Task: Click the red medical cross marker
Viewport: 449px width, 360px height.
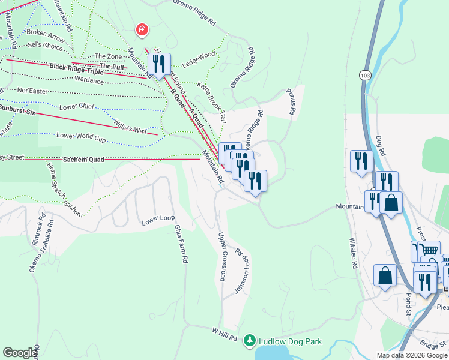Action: pos(143,29)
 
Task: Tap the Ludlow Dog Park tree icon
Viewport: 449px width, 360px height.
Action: pos(250,341)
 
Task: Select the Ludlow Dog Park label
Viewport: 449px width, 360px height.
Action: pos(290,342)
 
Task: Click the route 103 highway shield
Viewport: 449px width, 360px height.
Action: pos(364,75)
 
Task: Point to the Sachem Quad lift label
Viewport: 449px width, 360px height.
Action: pos(80,160)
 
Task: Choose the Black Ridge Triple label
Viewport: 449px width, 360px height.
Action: pos(76,70)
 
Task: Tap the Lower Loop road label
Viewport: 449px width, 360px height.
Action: pos(157,221)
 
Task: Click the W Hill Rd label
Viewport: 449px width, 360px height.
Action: pos(224,334)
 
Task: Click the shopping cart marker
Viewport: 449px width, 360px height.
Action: pos(429,250)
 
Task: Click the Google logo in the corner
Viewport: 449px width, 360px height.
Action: pos(20,353)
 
